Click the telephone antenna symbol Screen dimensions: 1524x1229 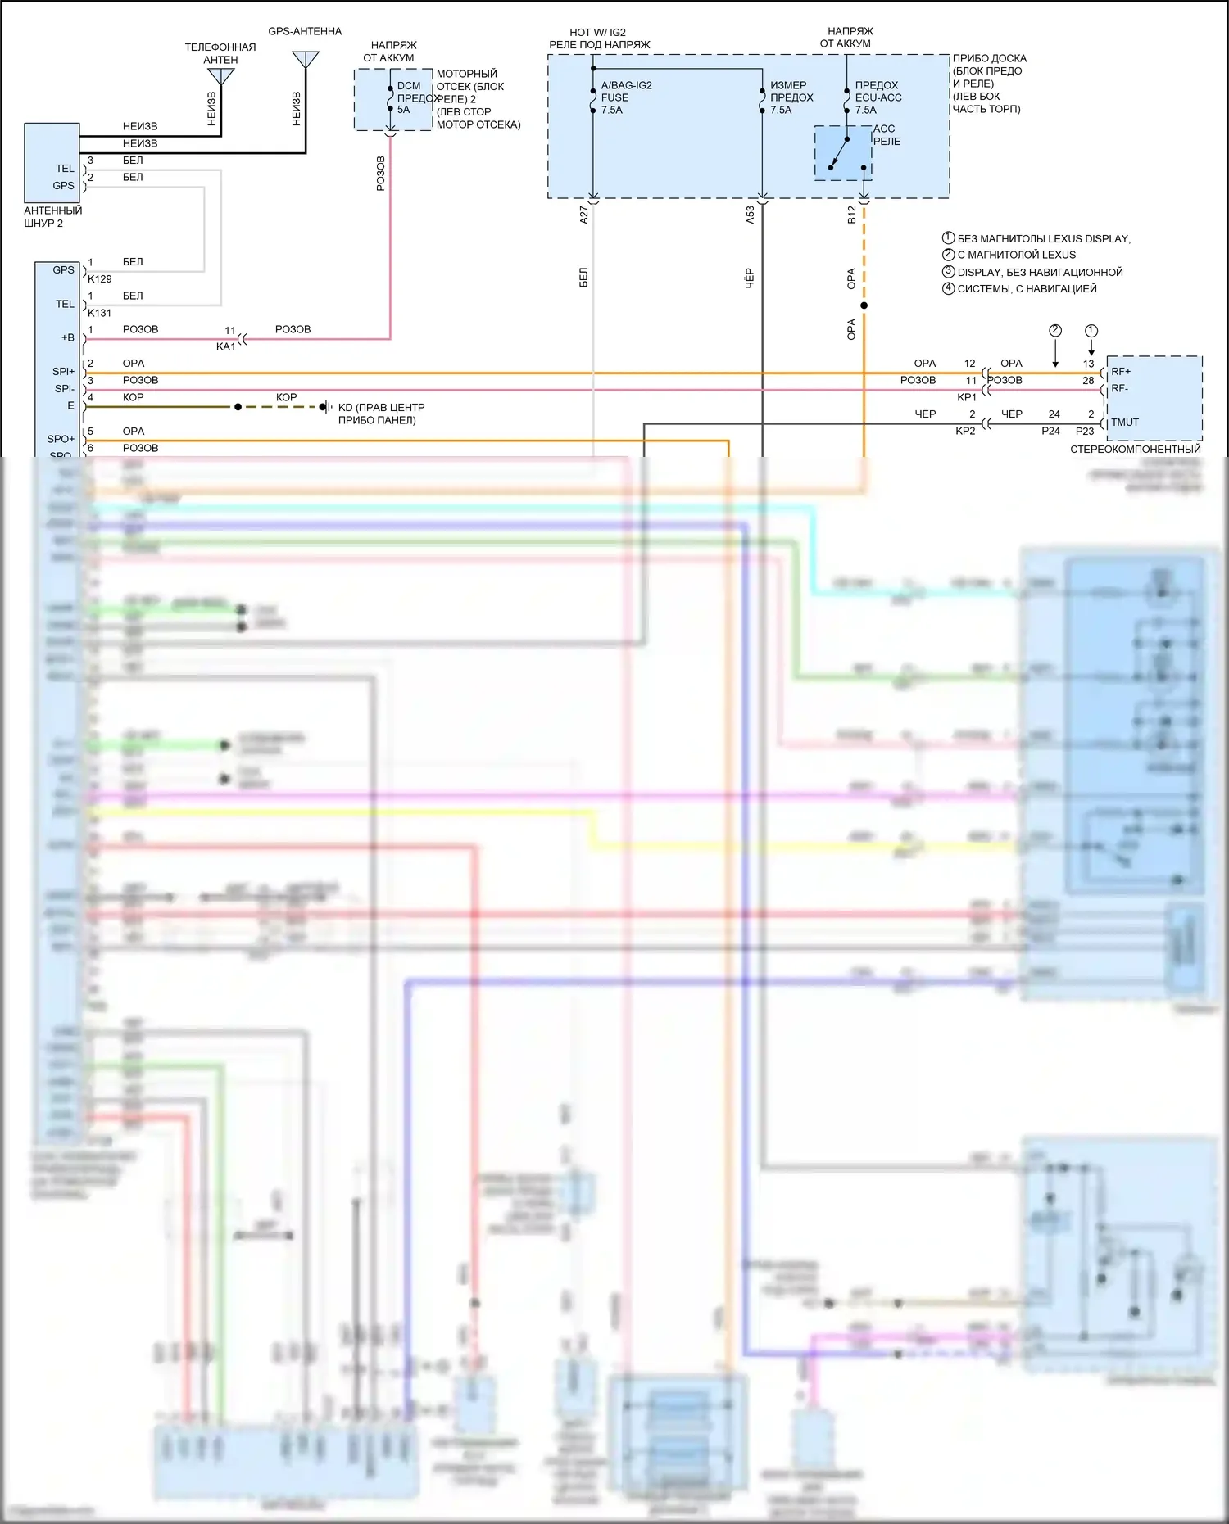point(221,76)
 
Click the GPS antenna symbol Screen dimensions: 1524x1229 point(306,59)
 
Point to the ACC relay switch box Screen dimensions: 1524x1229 point(843,153)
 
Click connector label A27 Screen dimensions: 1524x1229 point(584,215)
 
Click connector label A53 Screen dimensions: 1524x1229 point(751,215)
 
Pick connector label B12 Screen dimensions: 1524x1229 point(852,215)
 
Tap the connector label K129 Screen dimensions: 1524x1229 point(100,279)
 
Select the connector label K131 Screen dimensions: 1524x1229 point(100,313)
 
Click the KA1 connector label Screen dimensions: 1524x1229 point(225,346)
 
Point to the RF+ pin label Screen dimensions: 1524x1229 point(1121,372)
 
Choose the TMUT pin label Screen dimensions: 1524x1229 point(1125,423)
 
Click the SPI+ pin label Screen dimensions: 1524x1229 point(63,372)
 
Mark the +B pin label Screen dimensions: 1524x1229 point(67,338)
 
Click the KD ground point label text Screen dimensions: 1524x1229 point(381,414)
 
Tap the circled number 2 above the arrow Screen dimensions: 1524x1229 point(1055,331)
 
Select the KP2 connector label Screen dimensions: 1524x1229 point(965,431)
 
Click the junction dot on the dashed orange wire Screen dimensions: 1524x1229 point(864,305)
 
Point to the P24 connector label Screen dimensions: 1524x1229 point(1050,431)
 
